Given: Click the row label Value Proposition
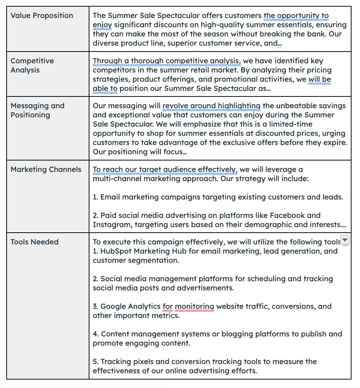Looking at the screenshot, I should coord(42,15).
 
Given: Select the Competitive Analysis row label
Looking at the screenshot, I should coord(32,66).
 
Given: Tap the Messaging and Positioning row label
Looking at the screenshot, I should coord(37,110).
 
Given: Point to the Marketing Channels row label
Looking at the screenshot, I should coord(46,169).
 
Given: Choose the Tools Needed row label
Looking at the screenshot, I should coord(34,242).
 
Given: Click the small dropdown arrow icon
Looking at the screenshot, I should coord(345,240).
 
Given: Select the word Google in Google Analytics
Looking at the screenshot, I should coord(113,306).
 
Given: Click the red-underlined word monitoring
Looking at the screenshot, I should coord(194,306).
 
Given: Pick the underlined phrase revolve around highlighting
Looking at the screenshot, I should coord(211,106).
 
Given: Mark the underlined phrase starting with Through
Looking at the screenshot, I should coord(166,61).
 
